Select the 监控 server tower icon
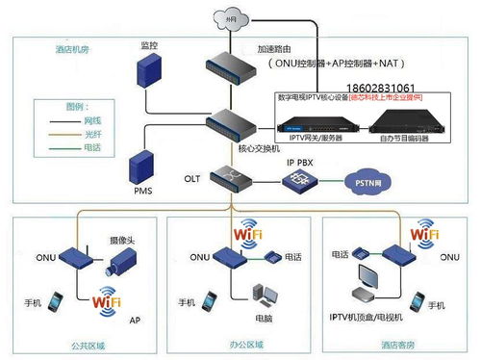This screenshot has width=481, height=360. [x=147, y=73]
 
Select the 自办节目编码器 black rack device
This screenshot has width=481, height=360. [x=397, y=121]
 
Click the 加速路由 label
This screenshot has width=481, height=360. [x=277, y=47]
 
